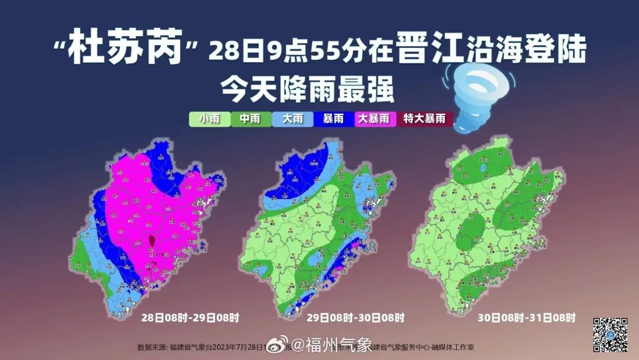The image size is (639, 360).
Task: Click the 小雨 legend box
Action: point(209,119)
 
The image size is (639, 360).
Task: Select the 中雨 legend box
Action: point(250,119)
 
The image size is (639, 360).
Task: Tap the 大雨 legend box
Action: point(292,119)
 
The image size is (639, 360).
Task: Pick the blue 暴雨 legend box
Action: point(333,119)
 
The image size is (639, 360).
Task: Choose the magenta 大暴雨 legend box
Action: point(375,119)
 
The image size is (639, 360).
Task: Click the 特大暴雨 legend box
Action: point(424,119)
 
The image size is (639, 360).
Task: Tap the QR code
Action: point(610,335)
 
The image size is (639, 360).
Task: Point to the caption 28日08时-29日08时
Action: point(190,318)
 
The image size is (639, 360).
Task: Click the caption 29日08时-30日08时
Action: point(355,318)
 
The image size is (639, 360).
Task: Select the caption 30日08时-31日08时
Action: point(527,318)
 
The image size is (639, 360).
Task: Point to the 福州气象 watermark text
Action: point(339,344)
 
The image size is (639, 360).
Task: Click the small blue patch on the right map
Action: point(483,169)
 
